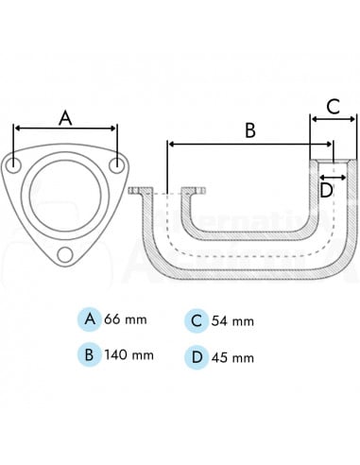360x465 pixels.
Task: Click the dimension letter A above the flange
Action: click(x=65, y=117)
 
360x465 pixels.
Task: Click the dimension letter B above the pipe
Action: click(x=249, y=130)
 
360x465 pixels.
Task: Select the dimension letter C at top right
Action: click(x=334, y=106)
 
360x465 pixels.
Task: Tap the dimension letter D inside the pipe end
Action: click(x=326, y=190)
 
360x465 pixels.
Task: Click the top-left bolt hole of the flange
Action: click(x=15, y=165)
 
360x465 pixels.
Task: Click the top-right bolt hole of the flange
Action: click(x=116, y=165)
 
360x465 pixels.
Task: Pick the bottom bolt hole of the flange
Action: click(x=65, y=254)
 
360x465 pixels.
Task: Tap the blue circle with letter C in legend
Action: click(x=196, y=320)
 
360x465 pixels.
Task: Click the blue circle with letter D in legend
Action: click(x=196, y=357)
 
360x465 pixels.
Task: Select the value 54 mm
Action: click(x=232, y=321)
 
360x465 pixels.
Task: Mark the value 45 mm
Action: click(x=232, y=358)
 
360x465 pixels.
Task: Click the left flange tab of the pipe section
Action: click(x=137, y=191)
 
